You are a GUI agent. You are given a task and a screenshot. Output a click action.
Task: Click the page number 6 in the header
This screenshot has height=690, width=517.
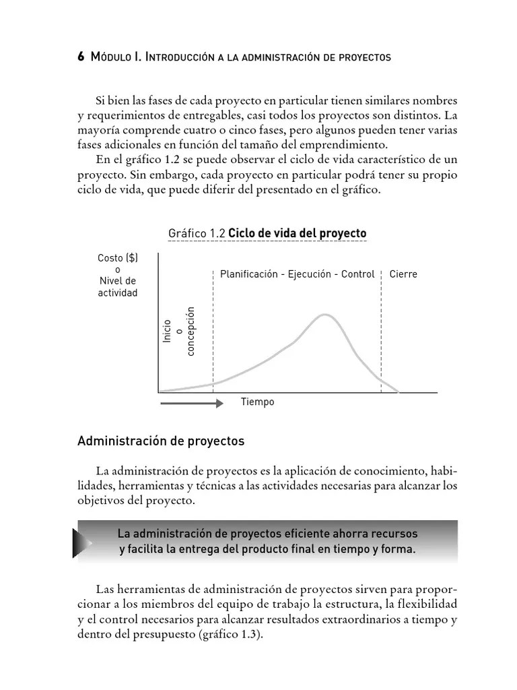coord(81,57)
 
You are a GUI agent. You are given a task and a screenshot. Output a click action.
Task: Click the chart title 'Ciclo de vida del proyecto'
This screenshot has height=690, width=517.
coord(298,233)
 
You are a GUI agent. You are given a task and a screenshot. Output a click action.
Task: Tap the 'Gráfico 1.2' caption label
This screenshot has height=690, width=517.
coord(197,233)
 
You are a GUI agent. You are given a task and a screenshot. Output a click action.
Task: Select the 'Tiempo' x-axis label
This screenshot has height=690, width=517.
coord(258,402)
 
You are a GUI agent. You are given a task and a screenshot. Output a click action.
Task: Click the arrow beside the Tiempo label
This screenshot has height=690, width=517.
coord(191,403)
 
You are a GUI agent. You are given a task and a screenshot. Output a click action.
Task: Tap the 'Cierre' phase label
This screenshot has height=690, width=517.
coord(403,274)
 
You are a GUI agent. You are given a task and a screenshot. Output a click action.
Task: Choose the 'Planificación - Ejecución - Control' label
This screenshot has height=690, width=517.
coord(297,274)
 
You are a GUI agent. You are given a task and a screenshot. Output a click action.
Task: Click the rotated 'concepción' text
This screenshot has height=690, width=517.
coord(191,331)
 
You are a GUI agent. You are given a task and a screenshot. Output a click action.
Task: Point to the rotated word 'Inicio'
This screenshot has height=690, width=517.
coord(167,331)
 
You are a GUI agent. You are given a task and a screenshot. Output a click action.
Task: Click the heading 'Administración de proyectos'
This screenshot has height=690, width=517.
coord(161,442)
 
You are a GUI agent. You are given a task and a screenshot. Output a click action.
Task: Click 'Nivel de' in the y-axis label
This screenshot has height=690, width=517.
coord(117,280)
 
